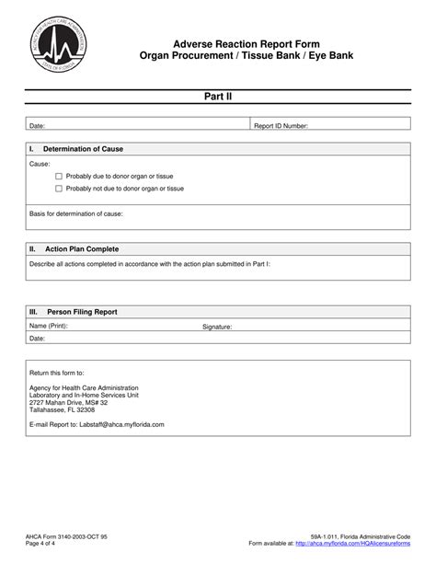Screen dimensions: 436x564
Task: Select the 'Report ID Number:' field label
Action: (281, 125)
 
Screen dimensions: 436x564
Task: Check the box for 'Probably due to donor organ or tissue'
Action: (59, 176)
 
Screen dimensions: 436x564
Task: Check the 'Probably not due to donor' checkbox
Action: (59, 189)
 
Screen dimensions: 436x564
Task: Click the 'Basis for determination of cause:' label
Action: (76, 213)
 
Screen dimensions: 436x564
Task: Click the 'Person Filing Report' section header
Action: (87, 312)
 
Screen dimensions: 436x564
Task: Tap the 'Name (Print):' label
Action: (49, 326)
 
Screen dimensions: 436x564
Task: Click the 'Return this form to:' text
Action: (56, 374)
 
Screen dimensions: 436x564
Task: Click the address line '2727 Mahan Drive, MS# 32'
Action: (69, 402)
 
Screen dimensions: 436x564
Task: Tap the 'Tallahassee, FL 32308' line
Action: (63, 409)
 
